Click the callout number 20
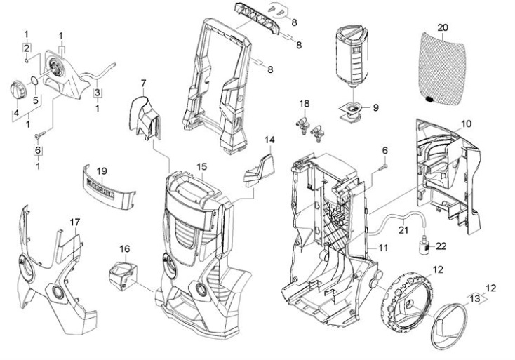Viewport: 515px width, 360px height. click(x=442, y=27)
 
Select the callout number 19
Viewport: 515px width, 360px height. click(x=101, y=171)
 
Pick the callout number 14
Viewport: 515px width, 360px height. click(x=269, y=140)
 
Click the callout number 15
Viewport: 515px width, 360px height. click(x=201, y=167)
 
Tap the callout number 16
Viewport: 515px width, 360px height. click(x=124, y=248)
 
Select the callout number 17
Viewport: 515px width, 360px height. click(x=75, y=222)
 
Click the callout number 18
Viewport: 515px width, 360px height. click(x=304, y=103)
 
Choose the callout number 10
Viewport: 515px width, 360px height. click(x=467, y=123)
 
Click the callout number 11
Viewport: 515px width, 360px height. click(x=383, y=248)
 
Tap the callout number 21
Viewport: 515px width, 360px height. click(x=403, y=229)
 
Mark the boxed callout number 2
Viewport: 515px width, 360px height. click(x=26, y=48)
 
